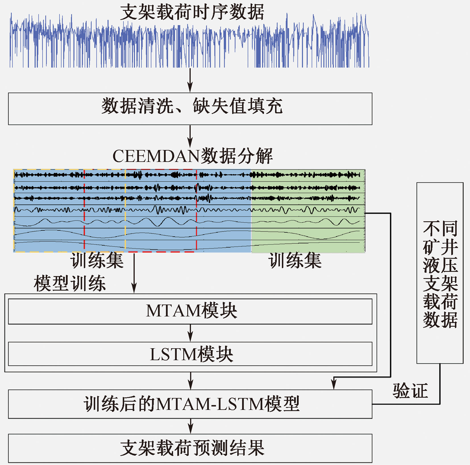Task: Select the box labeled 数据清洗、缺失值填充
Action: point(190,109)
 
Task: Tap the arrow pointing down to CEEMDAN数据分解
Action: point(190,136)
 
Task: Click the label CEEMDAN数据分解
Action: point(193,156)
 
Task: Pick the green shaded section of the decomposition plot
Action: point(308,211)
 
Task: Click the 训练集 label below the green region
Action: point(295,260)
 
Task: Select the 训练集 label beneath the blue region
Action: point(97,260)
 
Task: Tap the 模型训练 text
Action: point(70,283)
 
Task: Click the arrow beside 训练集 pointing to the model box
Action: point(134,273)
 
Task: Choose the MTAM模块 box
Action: point(190,311)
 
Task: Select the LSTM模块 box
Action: point(190,354)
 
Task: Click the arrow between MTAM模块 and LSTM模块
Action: point(190,333)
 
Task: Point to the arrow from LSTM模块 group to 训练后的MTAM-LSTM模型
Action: point(191,381)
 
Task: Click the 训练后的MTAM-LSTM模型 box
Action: point(190,404)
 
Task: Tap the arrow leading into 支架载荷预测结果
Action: point(190,426)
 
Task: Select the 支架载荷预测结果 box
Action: point(190,448)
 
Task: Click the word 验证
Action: point(410,391)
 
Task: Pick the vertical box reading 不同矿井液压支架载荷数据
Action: point(440,273)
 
